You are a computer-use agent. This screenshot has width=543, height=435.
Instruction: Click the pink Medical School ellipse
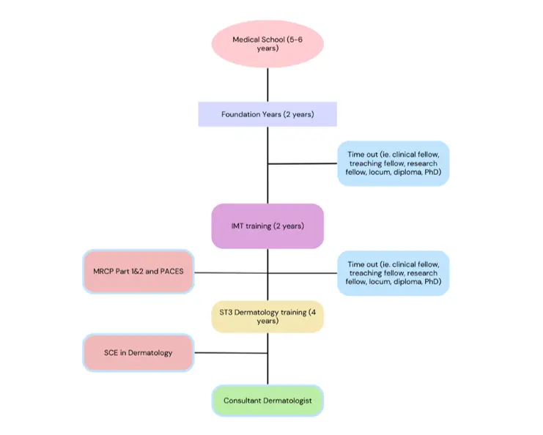pyautogui.click(x=267, y=45)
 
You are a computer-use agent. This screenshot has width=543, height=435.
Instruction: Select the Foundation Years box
pyautogui.click(x=267, y=114)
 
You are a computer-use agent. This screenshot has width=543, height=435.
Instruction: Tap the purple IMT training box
pyautogui.click(x=267, y=226)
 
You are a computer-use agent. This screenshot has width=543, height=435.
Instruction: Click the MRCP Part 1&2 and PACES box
pyautogui.click(x=138, y=272)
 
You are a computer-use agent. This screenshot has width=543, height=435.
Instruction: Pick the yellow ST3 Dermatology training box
pyautogui.click(x=267, y=316)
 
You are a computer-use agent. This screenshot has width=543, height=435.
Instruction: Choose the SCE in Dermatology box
pyautogui.click(x=138, y=352)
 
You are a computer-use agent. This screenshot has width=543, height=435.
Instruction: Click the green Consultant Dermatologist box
pyautogui.click(x=267, y=401)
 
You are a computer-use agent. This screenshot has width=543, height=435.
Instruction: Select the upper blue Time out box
pyautogui.click(x=393, y=163)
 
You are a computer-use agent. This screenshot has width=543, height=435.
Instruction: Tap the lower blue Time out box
pyautogui.click(x=393, y=273)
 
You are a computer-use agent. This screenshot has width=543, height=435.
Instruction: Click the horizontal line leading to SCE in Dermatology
pyautogui.click(x=229, y=352)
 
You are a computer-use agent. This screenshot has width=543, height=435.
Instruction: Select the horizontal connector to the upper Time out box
pyautogui.click(x=302, y=163)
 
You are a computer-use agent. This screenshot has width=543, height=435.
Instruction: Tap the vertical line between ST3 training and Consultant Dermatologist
pyautogui.click(x=267, y=362)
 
